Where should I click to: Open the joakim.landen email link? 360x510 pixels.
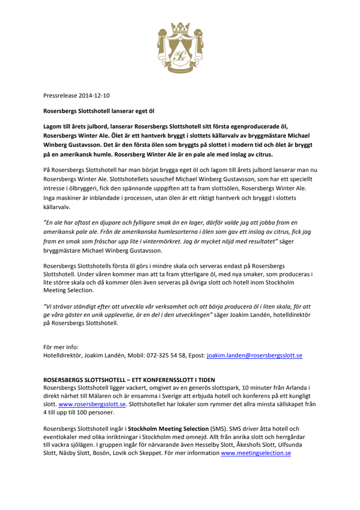pos(254,355)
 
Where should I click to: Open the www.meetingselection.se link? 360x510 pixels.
pos(256,453)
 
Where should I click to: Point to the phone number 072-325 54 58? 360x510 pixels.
pos(161,355)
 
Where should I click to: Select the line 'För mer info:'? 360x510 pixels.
pos(61,347)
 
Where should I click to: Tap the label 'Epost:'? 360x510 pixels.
pos(197,355)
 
